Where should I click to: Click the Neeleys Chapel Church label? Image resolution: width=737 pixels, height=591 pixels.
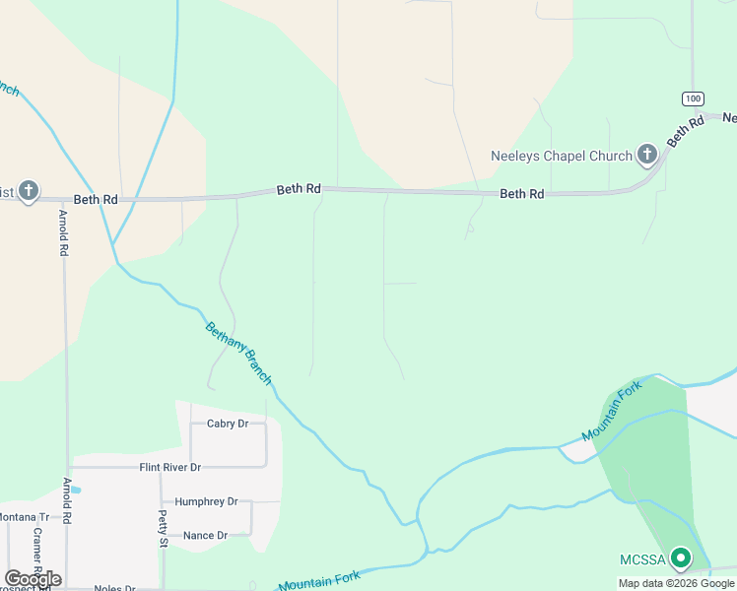[x=562, y=156]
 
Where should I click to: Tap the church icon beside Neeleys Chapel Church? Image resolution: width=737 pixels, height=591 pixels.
[x=646, y=154]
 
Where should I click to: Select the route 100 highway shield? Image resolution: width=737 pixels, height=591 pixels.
[x=692, y=98]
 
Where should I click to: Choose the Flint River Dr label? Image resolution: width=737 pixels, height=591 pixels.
[x=169, y=467]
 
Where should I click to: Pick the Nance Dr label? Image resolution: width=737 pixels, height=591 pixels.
[x=205, y=535]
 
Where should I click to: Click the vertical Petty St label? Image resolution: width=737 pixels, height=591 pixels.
[x=164, y=528]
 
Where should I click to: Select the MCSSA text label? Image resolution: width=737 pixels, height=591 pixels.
[x=642, y=560]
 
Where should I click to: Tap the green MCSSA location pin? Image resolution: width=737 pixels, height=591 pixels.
[x=680, y=558]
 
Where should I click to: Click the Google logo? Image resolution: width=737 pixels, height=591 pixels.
[x=33, y=579]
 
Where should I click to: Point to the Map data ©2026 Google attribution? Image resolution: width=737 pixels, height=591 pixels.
[x=676, y=583]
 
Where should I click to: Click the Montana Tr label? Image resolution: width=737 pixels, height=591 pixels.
[x=24, y=517]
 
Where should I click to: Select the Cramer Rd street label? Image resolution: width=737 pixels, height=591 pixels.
[x=36, y=552]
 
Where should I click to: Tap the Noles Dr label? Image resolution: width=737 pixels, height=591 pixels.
[x=114, y=588]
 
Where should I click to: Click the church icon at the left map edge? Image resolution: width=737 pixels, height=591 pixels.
[x=29, y=190]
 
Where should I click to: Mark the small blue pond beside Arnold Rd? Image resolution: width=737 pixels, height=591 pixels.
[x=76, y=489]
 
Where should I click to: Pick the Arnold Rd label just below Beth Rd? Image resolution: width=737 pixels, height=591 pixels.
[x=63, y=232]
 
